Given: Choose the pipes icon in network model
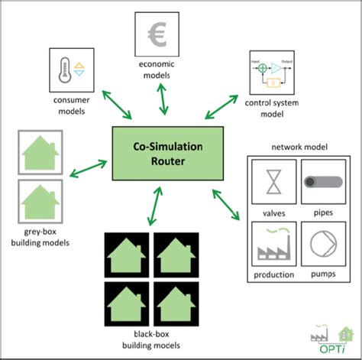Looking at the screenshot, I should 324,182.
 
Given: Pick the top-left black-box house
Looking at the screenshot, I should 128,255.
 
